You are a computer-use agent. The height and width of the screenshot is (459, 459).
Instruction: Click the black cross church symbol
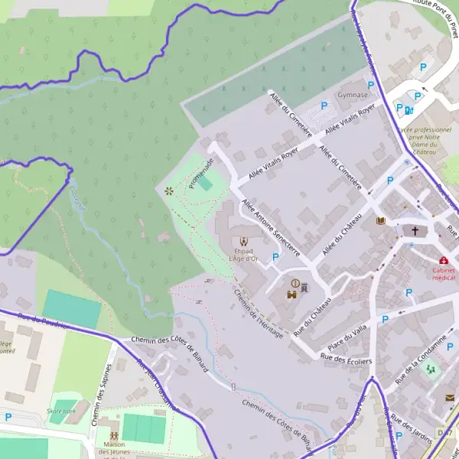click(415, 229)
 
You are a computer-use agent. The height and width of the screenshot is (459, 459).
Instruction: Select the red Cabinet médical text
click(444, 274)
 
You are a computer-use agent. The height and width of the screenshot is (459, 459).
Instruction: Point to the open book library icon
click(381, 221)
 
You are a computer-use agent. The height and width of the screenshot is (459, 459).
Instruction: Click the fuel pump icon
click(409, 110)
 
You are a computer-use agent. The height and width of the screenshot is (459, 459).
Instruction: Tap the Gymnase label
click(353, 95)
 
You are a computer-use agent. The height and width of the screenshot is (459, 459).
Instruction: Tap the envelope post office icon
click(450, 398)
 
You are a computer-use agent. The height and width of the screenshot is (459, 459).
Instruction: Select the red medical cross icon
click(444, 260)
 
